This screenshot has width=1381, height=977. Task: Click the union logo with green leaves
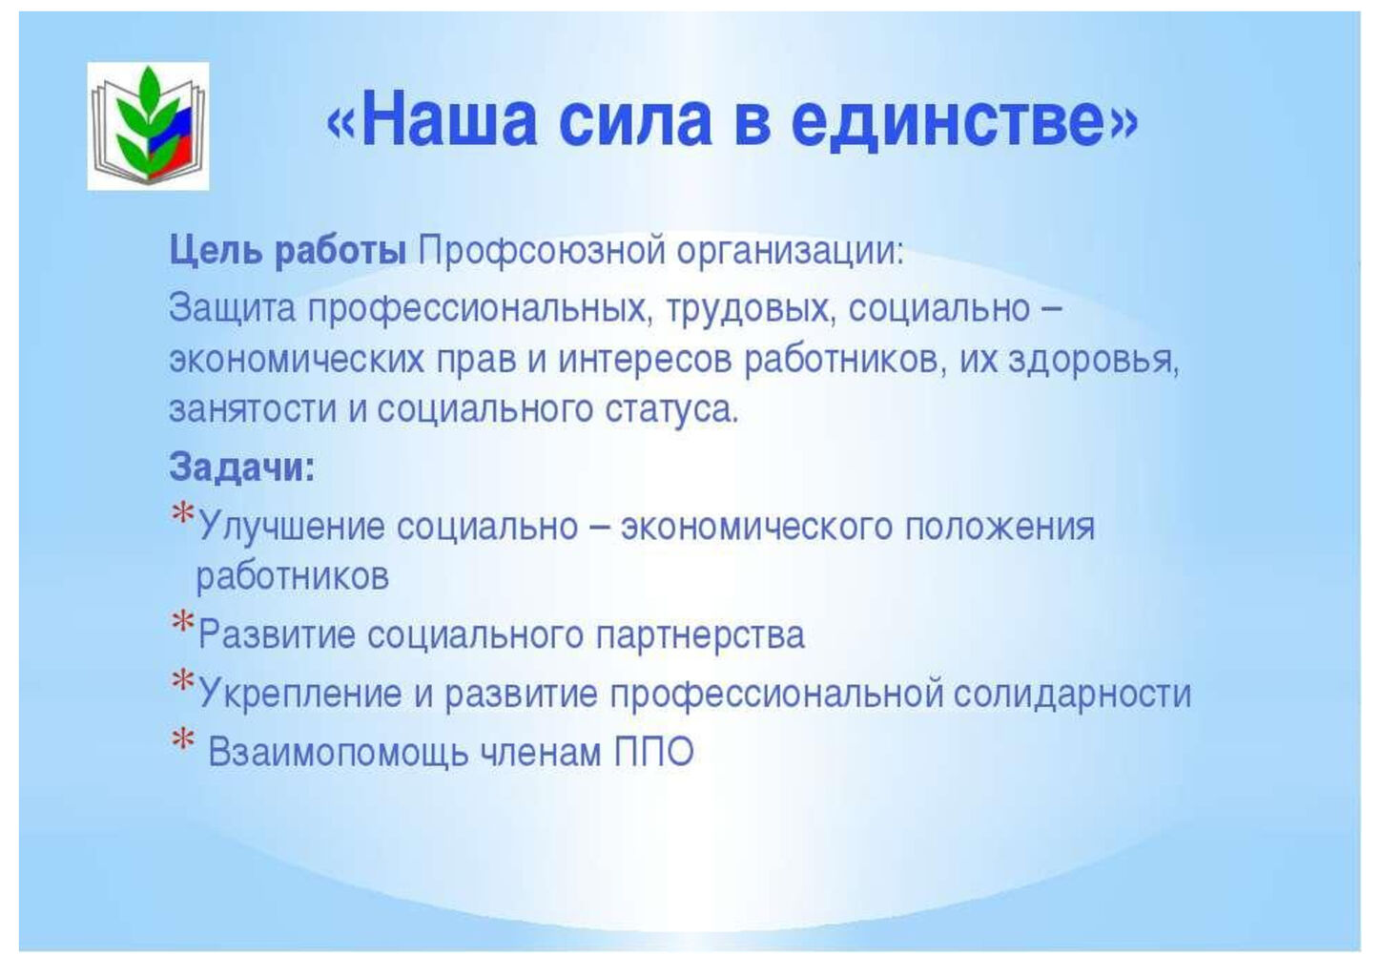(x=148, y=126)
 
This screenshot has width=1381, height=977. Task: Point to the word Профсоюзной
(x=541, y=252)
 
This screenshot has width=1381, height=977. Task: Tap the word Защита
(x=233, y=309)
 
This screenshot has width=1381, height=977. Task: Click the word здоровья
(x=1094, y=361)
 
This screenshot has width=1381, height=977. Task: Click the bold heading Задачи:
(x=242, y=467)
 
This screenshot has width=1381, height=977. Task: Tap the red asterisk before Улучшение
(x=182, y=515)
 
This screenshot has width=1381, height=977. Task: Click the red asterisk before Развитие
(x=182, y=622)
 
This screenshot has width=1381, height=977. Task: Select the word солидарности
(x=1073, y=694)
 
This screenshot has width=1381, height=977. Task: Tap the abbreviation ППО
(x=654, y=752)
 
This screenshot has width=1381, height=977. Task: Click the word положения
(x=1000, y=528)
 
